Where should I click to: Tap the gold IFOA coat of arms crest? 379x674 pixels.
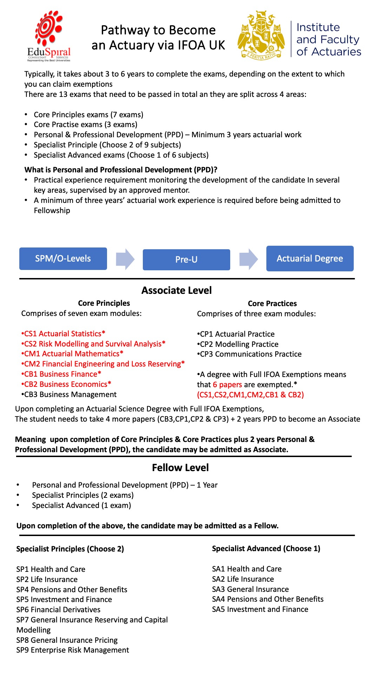[x=261, y=35]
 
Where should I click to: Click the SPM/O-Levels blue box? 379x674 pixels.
[x=63, y=259]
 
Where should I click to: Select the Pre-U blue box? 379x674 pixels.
[x=186, y=260]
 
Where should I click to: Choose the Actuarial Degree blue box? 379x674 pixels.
[x=310, y=259]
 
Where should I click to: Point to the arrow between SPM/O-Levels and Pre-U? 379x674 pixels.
[x=125, y=259]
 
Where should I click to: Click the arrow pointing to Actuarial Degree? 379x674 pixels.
[x=248, y=259]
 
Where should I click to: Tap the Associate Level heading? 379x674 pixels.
[x=177, y=290]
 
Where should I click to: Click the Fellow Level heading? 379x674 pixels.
[x=180, y=468]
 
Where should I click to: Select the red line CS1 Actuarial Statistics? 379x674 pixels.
[x=63, y=333]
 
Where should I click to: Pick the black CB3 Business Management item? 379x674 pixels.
[x=69, y=395]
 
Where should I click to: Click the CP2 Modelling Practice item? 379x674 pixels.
[x=238, y=344]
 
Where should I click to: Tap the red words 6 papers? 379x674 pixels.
[x=227, y=385]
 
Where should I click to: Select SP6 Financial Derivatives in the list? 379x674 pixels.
[x=58, y=610]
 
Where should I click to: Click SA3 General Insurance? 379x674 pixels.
[x=250, y=589]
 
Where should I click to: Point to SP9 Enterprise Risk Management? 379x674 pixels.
[x=73, y=650]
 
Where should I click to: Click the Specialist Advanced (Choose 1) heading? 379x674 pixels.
[x=266, y=549]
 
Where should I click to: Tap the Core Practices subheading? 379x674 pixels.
[x=272, y=304]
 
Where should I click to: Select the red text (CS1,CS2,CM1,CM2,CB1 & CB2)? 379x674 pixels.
[x=251, y=395]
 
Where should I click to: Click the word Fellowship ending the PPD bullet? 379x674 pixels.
[x=52, y=211]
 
